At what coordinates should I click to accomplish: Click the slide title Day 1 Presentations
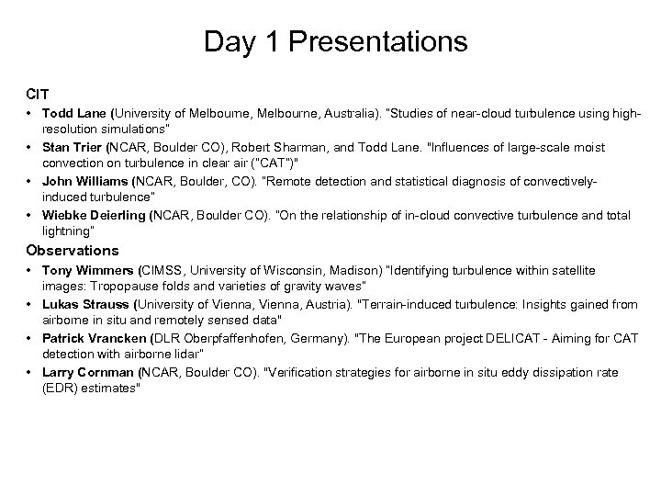(x=335, y=41)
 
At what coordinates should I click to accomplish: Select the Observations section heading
(x=73, y=250)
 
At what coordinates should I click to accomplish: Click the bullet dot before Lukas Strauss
(x=31, y=304)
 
